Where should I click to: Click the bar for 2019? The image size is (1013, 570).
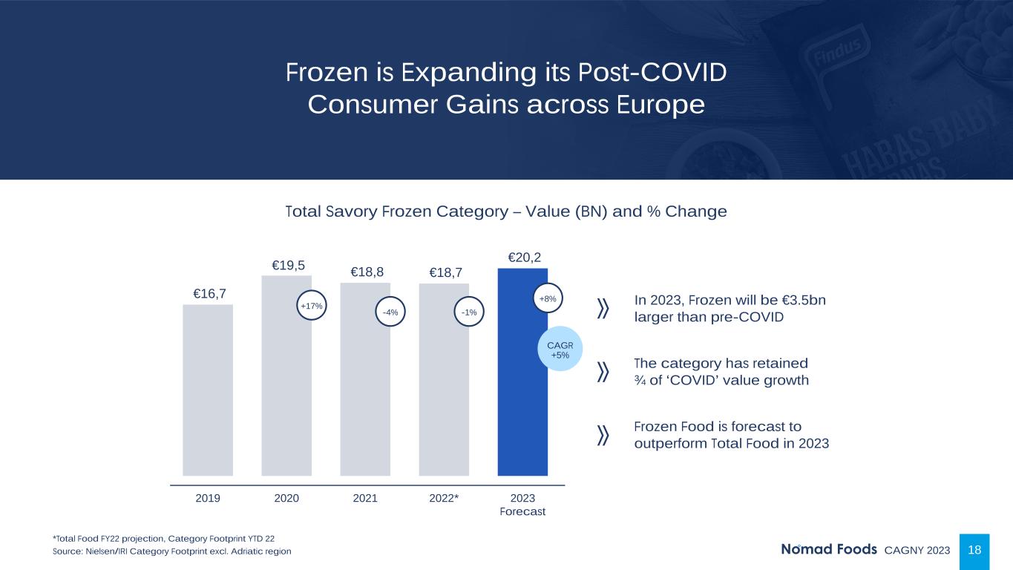208,390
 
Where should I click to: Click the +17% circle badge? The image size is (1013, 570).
312,305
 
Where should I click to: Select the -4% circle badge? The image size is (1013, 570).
390,312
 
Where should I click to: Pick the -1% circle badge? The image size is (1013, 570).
469,312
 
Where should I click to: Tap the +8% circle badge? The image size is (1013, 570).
548,298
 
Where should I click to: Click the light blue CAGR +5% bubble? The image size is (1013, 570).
560,350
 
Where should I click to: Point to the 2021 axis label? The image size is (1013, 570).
365,498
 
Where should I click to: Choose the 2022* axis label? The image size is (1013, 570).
444,498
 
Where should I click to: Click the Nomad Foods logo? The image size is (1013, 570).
828,550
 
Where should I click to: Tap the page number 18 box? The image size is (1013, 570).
975,550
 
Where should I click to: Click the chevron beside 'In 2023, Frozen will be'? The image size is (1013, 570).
603,309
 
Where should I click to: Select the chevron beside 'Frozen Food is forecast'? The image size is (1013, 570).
603,435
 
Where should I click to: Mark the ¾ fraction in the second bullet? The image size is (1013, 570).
640,381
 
